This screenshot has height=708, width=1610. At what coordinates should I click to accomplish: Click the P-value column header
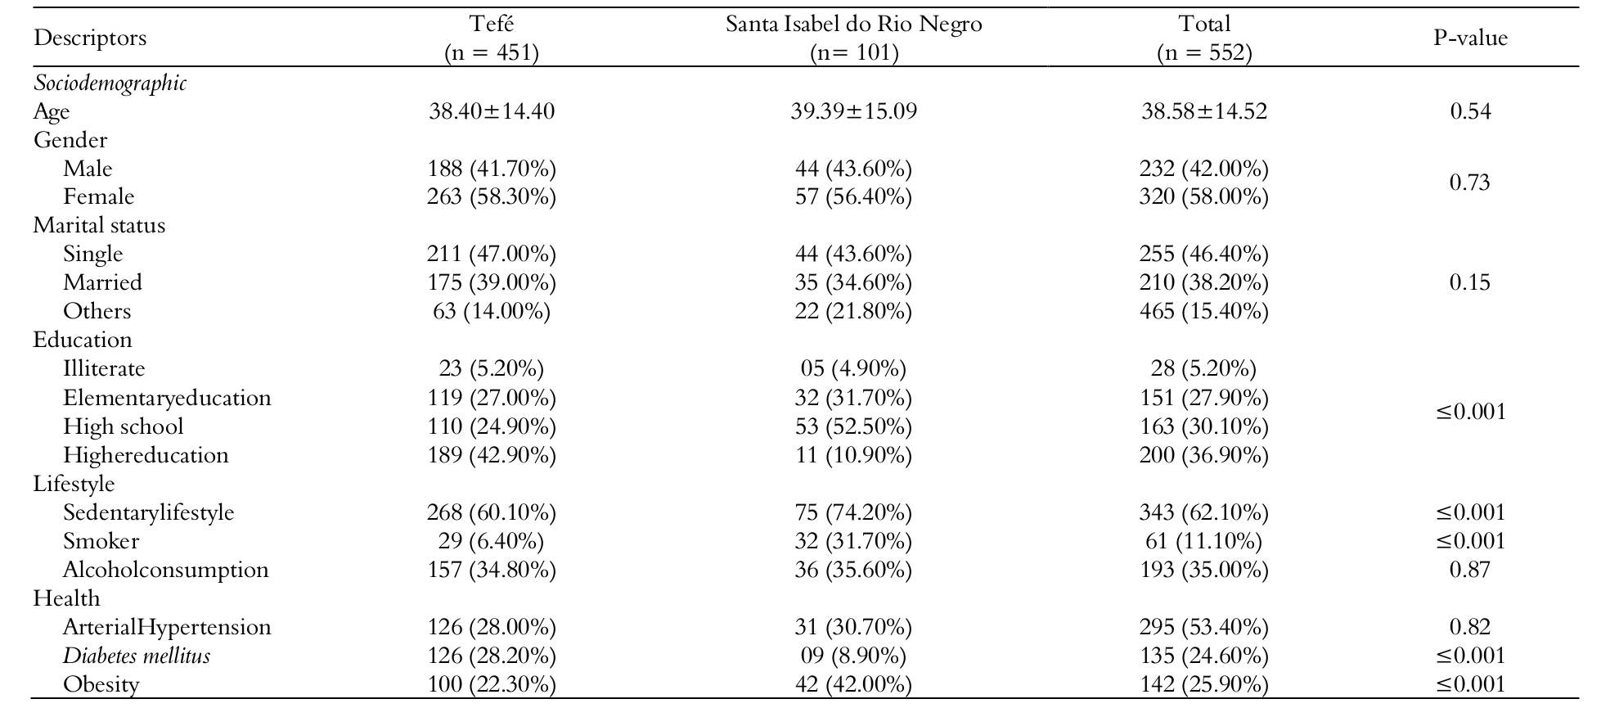coord(1470,38)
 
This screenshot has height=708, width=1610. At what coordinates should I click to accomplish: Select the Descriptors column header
coord(90,38)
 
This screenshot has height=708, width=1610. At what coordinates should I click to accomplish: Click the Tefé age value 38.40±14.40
coord(492,111)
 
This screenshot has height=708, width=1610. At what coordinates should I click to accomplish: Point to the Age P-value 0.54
coord(1470,111)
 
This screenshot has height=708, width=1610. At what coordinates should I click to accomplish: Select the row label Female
coord(98,196)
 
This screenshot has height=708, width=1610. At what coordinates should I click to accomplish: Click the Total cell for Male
coord(1203,169)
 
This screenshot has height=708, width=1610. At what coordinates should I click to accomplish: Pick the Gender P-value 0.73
coord(1470,183)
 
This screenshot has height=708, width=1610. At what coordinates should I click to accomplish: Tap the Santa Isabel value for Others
coord(853,311)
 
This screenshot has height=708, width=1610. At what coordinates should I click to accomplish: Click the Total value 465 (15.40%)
coord(1203,311)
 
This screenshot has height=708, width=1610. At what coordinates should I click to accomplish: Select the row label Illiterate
coord(104,368)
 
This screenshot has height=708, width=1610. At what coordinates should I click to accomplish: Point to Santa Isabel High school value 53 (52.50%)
coord(853,426)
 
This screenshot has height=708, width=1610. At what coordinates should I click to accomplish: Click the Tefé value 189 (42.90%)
coord(492,455)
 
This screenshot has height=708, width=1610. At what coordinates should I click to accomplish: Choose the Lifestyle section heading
coord(74,484)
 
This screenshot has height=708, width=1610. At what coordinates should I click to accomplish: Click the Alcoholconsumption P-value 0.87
coord(1470,570)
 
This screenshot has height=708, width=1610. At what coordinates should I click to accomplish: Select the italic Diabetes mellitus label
coord(137,656)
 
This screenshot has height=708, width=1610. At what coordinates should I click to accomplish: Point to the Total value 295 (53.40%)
coord(1203,627)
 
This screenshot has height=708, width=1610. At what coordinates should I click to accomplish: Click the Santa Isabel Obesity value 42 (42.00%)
coord(853,684)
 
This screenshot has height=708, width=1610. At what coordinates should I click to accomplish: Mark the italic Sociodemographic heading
coord(110,83)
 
